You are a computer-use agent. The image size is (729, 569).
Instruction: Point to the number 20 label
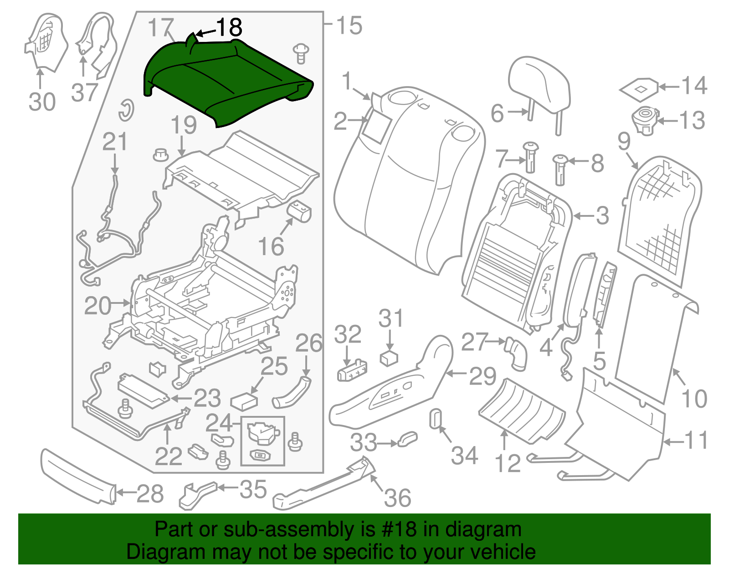click(x=98, y=306)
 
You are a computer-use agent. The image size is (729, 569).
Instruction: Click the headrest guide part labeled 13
click(x=644, y=121)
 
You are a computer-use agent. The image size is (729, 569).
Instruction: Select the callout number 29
click(x=483, y=376)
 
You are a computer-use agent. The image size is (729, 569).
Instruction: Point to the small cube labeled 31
click(x=389, y=358)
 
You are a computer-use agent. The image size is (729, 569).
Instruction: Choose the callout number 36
click(x=397, y=497)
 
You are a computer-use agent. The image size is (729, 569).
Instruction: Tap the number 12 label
click(x=507, y=463)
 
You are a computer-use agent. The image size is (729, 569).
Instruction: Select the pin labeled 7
click(x=531, y=157)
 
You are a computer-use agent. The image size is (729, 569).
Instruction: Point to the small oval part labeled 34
click(x=435, y=418)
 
